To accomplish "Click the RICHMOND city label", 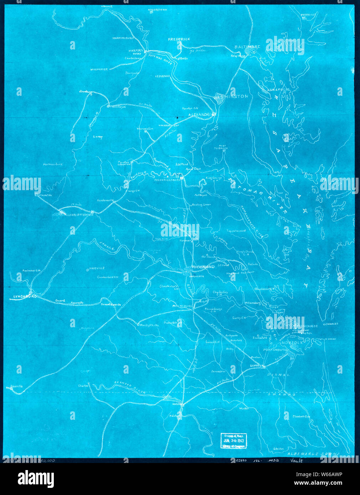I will point(203,267).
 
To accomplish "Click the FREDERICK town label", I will point(179,39).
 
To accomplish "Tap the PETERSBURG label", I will point(182,306).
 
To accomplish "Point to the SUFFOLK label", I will point(256,366).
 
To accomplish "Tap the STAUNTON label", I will point(44,196).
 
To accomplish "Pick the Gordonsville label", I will point(105,200).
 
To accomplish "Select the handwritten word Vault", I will point(296,460).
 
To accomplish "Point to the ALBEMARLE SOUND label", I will point(313,455).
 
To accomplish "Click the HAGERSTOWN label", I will point(157,10).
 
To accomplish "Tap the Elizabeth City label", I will point(302,416).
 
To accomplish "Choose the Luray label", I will point(97,136).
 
